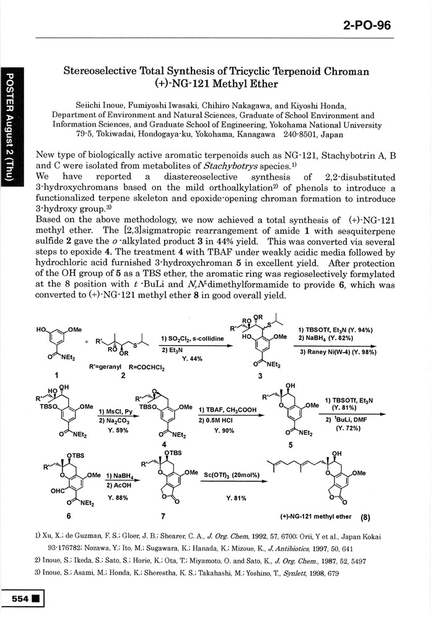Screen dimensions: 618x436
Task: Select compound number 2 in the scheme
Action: coord(124,375)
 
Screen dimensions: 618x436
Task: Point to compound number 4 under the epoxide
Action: coord(163,444)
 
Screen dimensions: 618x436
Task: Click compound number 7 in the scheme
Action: coord(163,516)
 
